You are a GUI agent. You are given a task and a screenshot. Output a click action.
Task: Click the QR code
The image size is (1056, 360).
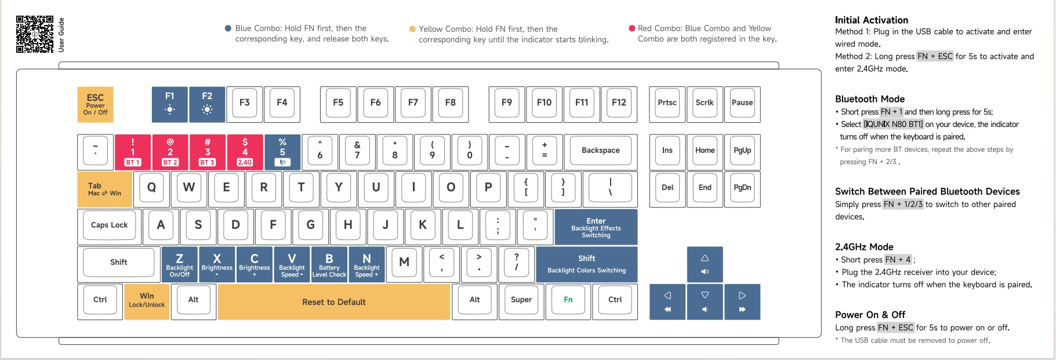tap(35, 34)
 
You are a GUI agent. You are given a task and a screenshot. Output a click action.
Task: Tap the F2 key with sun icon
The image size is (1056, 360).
tap(207, 104)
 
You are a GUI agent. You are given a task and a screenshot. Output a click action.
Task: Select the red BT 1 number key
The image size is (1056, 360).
tap(133, 152)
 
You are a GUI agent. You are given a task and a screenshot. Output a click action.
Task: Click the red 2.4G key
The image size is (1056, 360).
tap(245, 152)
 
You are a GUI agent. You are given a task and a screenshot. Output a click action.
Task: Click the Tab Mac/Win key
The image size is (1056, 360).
tap(104, 189)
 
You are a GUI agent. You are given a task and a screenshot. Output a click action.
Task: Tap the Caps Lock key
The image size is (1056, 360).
tap(110, 226)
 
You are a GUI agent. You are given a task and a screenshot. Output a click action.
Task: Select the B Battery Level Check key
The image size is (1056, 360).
tap(329, 265)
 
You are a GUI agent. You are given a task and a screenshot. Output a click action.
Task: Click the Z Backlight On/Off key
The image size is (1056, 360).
tap(180, 265)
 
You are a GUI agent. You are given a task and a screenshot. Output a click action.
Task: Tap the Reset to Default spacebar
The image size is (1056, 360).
tap(334, 302)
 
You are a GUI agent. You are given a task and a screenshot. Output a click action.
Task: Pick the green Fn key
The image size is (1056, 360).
tap(568, 300)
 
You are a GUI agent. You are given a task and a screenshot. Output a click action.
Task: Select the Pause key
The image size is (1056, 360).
tap(742, 103)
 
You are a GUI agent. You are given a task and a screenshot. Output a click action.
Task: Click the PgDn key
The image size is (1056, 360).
tap(742, 188)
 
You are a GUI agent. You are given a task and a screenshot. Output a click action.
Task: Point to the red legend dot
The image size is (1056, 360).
tap(632, 28)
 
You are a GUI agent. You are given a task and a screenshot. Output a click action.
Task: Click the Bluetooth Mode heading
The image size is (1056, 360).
tap(870, 99)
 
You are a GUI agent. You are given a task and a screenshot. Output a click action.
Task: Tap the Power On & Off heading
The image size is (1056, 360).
tap(870, 315)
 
